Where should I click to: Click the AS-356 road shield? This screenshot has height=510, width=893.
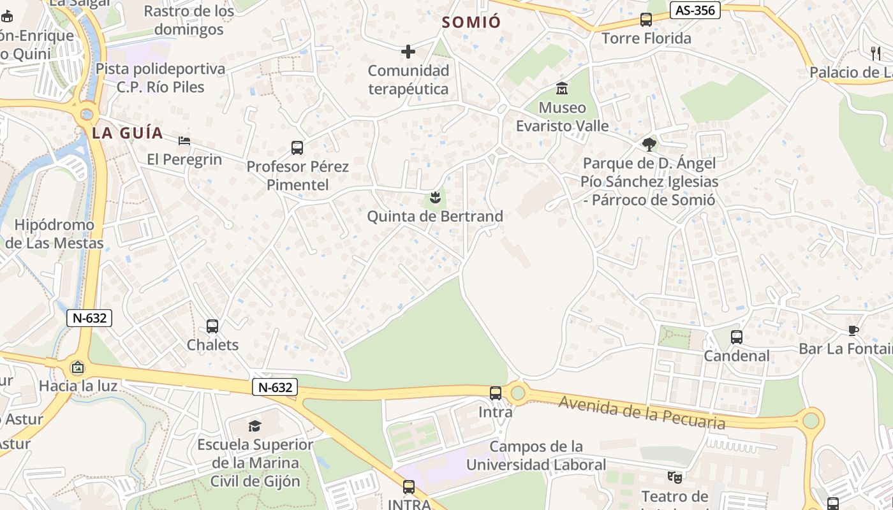pos(695,10)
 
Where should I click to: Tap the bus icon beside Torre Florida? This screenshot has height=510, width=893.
pos(646,20)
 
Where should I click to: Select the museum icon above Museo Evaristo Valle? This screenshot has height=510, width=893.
pos(562,88)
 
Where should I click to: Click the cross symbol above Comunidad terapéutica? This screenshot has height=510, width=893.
pos(408,52)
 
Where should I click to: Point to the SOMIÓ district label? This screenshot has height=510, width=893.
pos(471,22)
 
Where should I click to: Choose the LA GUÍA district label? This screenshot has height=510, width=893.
pos(128,133)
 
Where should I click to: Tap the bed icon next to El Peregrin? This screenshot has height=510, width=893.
pos(184,140)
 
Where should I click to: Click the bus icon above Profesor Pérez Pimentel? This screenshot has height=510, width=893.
pos(297,148)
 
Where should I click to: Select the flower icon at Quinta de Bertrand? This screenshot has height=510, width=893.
pos(436,197)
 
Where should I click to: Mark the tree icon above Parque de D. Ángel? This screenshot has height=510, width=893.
pos(649,144)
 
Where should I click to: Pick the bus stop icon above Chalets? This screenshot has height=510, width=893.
pos(212,326)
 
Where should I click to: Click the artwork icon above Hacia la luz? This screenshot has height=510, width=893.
pos(77,367)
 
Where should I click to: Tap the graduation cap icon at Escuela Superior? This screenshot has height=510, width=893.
pos(255,425)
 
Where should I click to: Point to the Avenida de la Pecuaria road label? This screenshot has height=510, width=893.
pos(642,412)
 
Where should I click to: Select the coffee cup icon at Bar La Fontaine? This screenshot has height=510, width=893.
pos(853,330)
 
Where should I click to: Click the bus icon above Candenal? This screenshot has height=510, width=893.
pos(737,337)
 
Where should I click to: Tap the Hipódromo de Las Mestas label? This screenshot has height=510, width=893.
pos(54,234)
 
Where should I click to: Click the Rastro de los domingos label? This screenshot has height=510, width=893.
pos(189,20)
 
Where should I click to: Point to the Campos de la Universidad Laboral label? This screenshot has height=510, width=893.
pos(536,455)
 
